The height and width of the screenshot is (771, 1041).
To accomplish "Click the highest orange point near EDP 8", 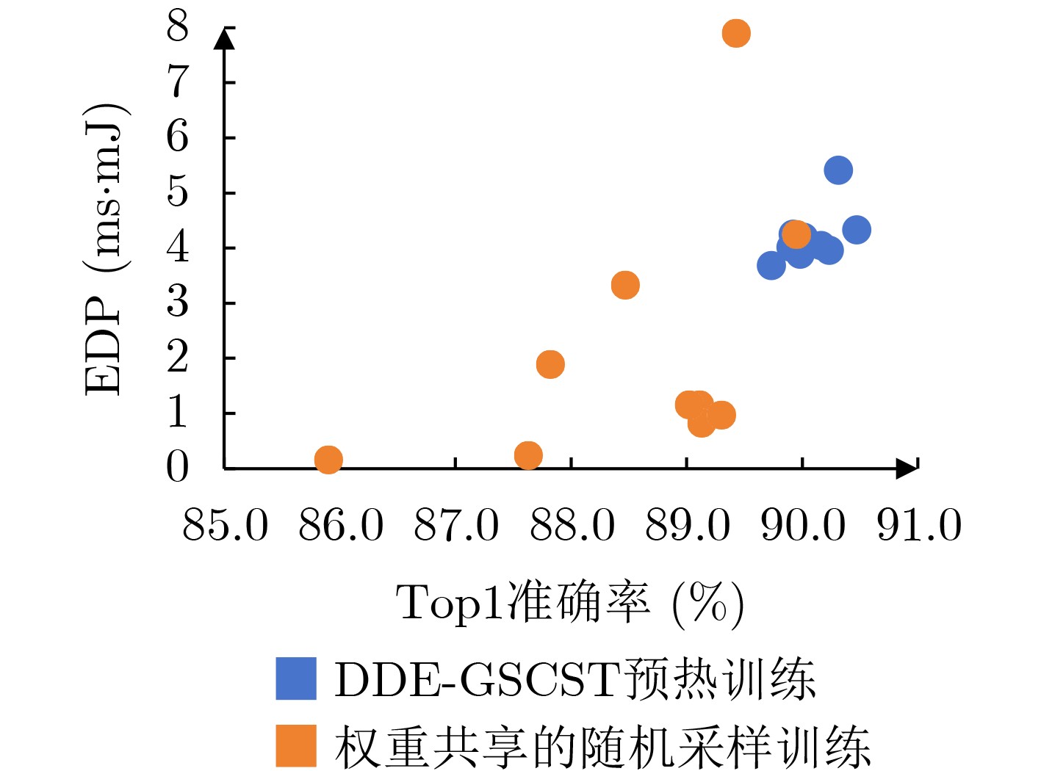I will [735, 33].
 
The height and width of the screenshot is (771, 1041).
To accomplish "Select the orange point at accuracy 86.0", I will [328, 460].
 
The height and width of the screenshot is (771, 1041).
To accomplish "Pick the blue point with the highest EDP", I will [838, 170].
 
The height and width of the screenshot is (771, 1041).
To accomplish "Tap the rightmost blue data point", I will [857, 230].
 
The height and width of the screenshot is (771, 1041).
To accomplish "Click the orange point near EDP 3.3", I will [625, 285].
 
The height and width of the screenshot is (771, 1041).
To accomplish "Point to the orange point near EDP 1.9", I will [550, 364].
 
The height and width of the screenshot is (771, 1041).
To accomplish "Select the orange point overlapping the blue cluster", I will [796, 235].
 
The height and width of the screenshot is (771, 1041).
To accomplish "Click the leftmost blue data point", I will [771, 265].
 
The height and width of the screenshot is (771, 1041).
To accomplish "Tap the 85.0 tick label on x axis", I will [226, 526].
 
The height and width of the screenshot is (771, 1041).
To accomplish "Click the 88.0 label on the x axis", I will [572, 526].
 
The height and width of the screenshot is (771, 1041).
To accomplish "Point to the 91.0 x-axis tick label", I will [919, 526].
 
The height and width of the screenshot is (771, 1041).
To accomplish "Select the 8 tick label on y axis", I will [178, 27].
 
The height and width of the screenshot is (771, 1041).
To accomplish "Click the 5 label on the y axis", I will [178, 192].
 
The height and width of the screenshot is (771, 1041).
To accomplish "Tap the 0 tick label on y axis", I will [178, 467].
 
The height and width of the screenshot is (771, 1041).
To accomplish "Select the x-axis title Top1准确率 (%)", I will [570, 604].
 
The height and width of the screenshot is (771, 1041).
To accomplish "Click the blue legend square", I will [296, 678].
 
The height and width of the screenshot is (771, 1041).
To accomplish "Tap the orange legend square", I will [296, 745].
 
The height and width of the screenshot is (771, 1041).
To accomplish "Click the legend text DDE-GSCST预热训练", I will [574, 678].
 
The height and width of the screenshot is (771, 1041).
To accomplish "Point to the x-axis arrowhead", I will [908, 468].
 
